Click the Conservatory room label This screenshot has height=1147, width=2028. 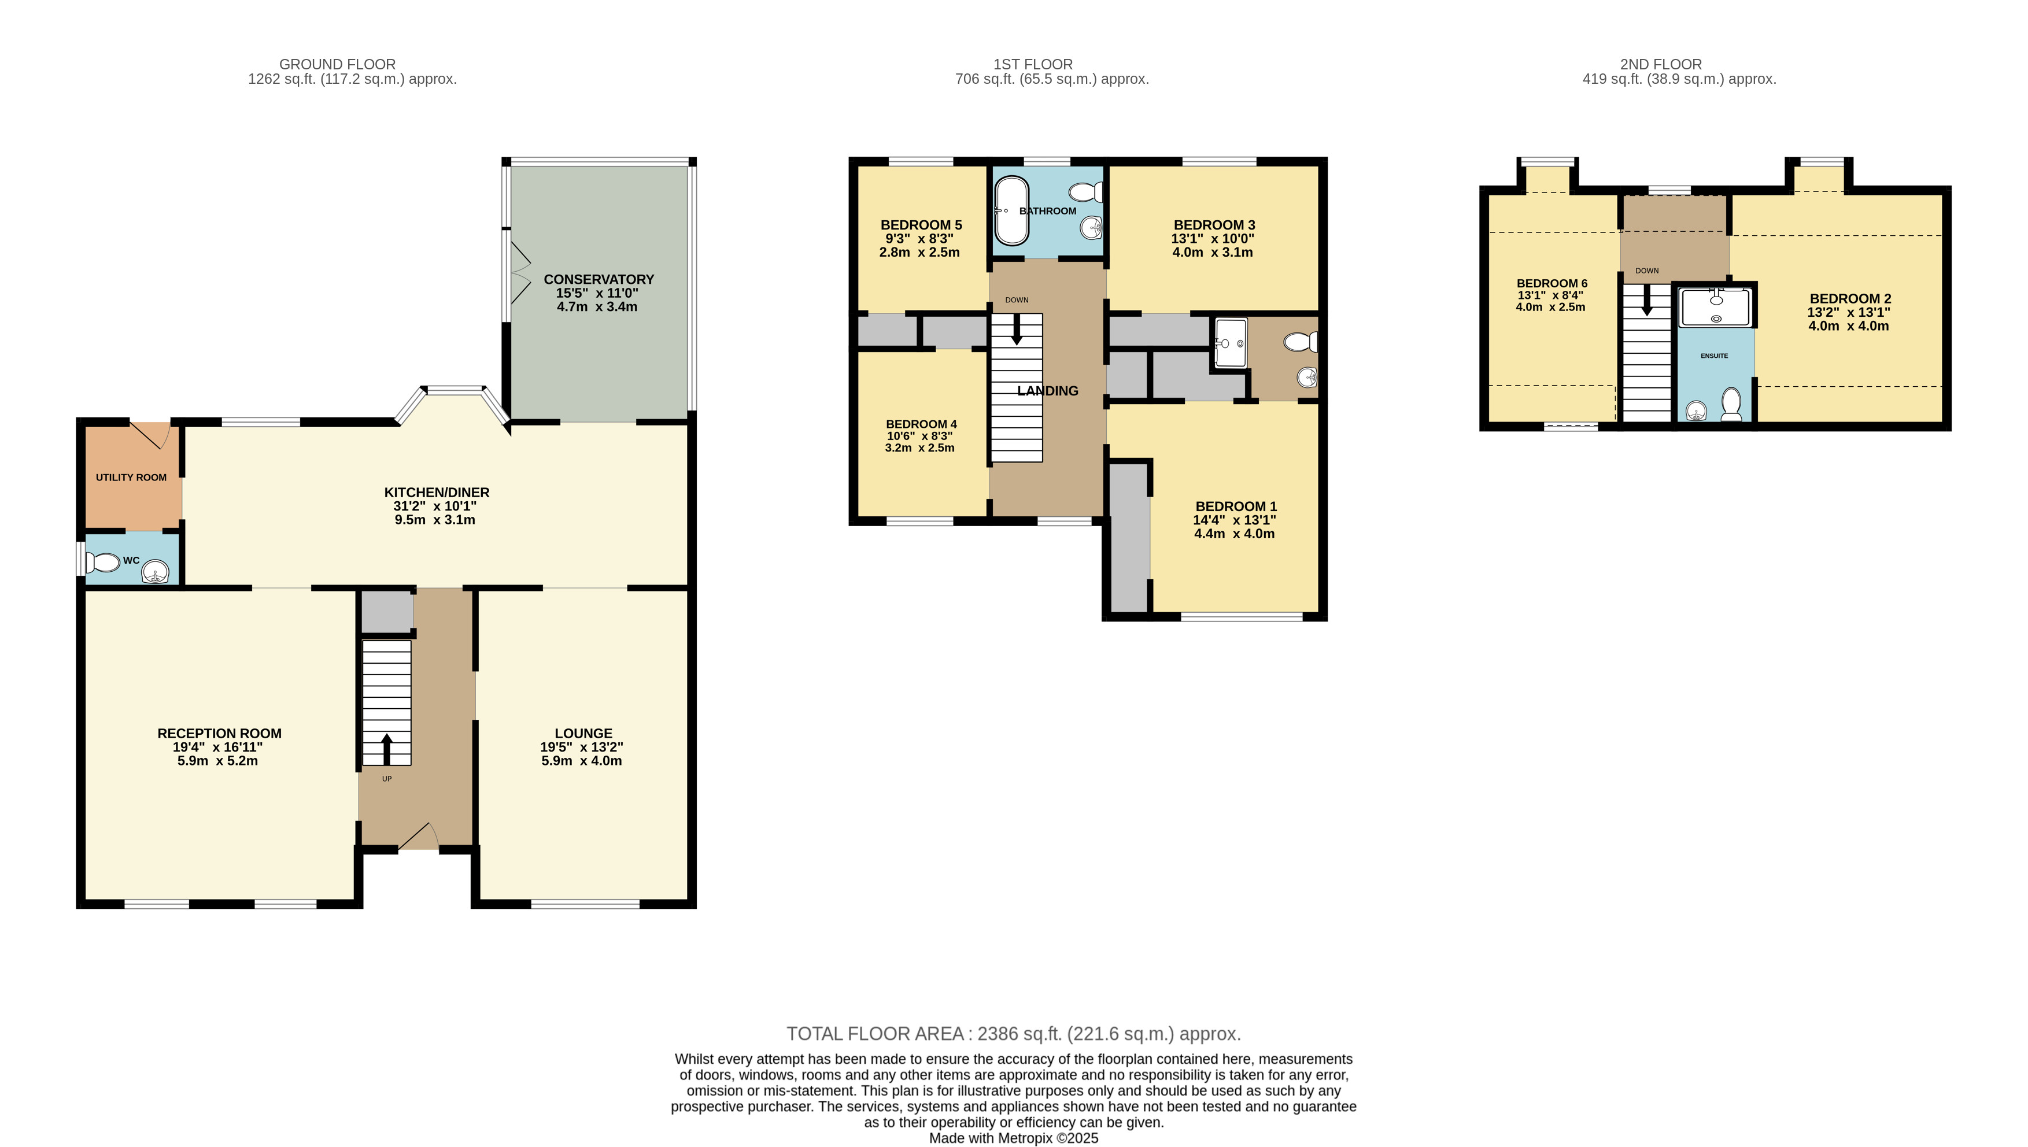tap(599, 280)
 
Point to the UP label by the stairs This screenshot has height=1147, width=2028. tap(387, 779)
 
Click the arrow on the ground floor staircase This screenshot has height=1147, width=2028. tap(387, 749)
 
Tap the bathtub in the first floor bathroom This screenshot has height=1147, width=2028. tap(1011, 211)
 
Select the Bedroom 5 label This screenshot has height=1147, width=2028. tap(921, 225)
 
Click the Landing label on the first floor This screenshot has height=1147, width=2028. tap(1048, 391)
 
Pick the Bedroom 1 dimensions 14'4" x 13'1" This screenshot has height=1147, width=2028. tap(1235, 520)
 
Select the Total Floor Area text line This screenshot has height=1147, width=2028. tap(1014, 1034)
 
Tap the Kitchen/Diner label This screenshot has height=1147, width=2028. tap(437, 493)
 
